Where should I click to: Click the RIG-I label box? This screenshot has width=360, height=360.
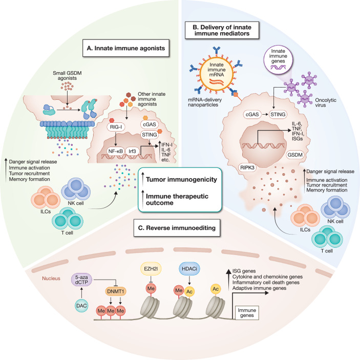click(116, 127)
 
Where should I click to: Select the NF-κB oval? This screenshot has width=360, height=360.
click(116, 151)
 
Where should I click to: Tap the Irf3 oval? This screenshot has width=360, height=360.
click(132, 151)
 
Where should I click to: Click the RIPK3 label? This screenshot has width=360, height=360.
click(247, 167)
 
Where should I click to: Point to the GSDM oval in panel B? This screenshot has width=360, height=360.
click(295, 155)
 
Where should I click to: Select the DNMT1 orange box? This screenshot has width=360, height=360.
click(116, 291)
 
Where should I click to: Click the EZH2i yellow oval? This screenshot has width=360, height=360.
click(151, 269)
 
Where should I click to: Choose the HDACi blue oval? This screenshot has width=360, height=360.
click(189, 269)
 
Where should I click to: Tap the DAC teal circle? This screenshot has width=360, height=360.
click(81, 306)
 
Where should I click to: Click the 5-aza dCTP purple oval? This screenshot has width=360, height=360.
click(81, 280)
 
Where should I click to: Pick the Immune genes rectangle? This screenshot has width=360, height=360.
click(247, 313)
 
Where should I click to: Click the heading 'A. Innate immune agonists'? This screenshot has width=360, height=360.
click(126, 48)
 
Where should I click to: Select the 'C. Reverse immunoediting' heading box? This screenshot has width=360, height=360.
click(177, 228)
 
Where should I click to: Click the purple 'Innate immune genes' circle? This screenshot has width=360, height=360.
click(278, 60)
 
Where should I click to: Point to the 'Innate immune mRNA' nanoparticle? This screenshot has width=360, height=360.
click(217, 73)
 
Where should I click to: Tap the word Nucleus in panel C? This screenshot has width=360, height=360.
click(51, 279)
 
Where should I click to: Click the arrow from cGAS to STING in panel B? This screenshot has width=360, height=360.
click(265, 114)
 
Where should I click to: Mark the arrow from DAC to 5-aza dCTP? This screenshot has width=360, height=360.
click(81, 292)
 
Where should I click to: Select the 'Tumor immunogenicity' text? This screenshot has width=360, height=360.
click(181, 180)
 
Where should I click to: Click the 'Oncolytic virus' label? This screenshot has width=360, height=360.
click(326, 102)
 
